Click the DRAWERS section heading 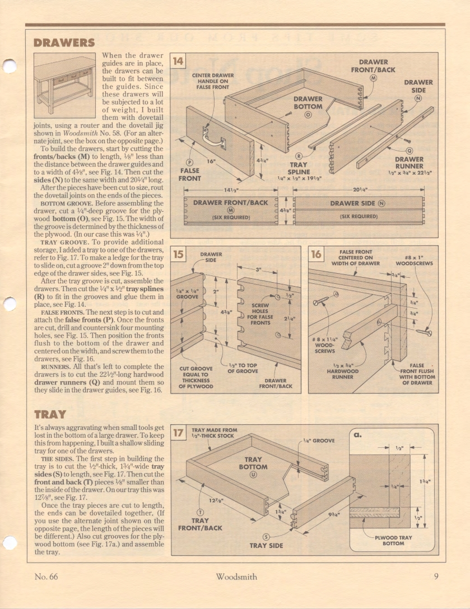64,43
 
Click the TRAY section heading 50,415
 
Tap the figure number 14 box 178,60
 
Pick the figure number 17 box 178,433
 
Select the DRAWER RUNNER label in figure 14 409,163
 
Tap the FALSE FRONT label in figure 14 189,174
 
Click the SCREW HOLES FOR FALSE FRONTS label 260,315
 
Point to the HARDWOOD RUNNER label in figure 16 342,373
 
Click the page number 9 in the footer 435,575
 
